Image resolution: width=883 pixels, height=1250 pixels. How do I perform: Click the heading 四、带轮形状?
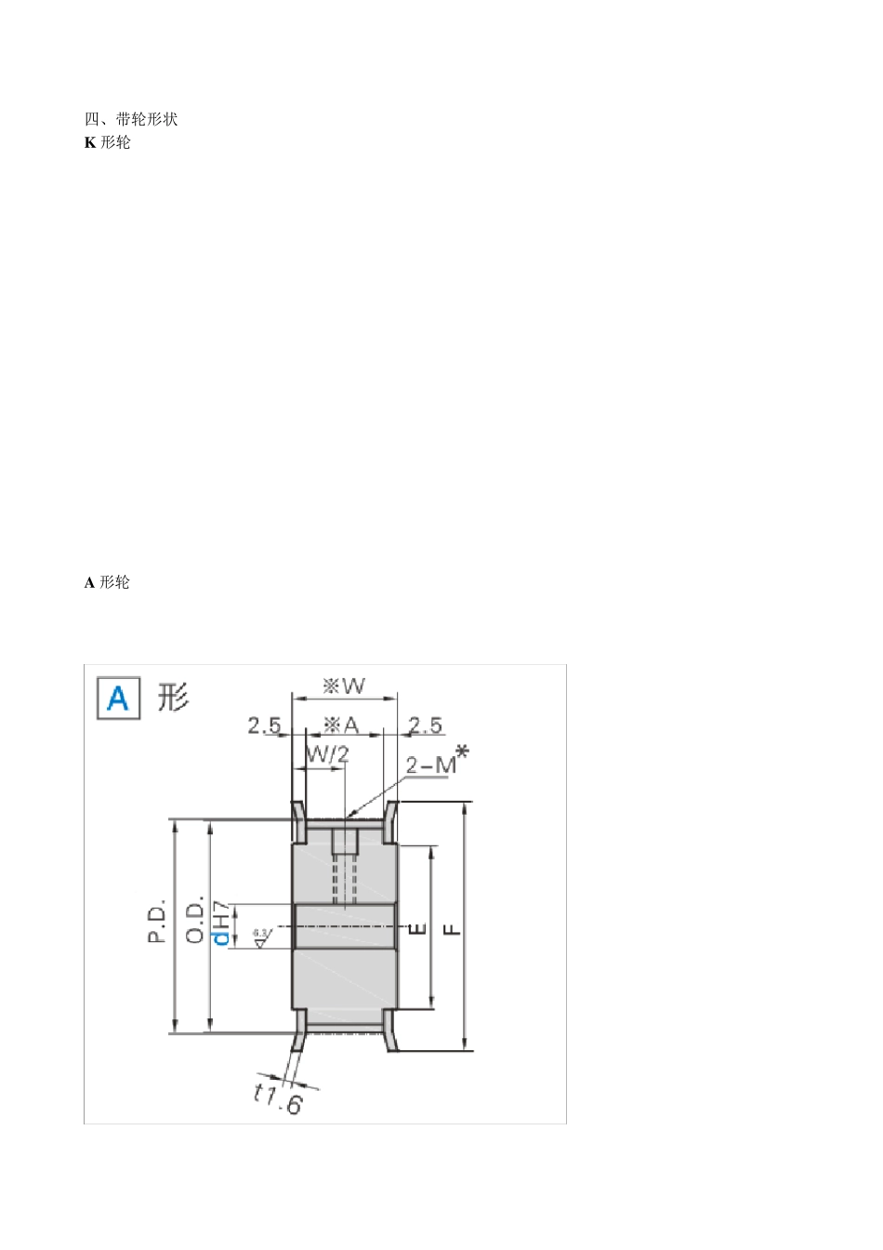131,119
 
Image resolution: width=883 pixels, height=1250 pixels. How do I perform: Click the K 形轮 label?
108,142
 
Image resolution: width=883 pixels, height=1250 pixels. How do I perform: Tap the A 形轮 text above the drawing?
108,582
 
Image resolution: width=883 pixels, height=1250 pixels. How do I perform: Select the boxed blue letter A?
118,698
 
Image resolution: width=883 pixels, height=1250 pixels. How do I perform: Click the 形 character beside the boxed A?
173,697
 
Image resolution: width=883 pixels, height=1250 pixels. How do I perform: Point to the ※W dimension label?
344,686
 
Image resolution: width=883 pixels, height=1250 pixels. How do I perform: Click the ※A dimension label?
340,725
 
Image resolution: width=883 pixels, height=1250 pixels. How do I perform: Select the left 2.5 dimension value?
264,725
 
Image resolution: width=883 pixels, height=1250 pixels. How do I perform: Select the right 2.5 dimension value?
426,725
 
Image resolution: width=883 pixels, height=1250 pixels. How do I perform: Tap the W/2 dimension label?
327,754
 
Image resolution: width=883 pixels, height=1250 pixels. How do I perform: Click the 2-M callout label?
435,764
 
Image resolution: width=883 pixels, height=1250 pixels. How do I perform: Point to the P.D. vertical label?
157,921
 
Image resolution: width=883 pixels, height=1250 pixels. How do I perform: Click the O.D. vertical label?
194,921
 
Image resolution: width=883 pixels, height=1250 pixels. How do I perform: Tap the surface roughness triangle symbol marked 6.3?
260,937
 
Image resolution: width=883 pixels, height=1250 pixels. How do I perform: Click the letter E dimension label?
417,928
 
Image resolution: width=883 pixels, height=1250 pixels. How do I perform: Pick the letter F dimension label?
452,928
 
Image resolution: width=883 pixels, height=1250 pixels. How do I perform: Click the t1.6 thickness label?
279,1098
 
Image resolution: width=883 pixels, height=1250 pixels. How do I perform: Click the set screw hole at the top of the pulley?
345,842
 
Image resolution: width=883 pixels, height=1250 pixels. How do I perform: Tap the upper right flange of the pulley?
392,819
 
